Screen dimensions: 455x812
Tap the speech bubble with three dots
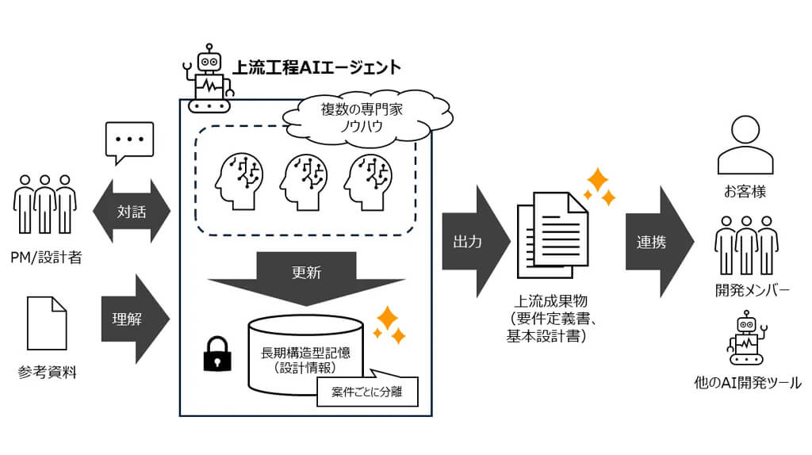click(128, 142)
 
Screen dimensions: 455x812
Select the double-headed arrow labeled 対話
click(131, 212)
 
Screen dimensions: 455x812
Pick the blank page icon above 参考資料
click(47, 323)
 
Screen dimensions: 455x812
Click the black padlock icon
click(216, 354)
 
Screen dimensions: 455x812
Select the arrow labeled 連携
click(655, 242)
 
